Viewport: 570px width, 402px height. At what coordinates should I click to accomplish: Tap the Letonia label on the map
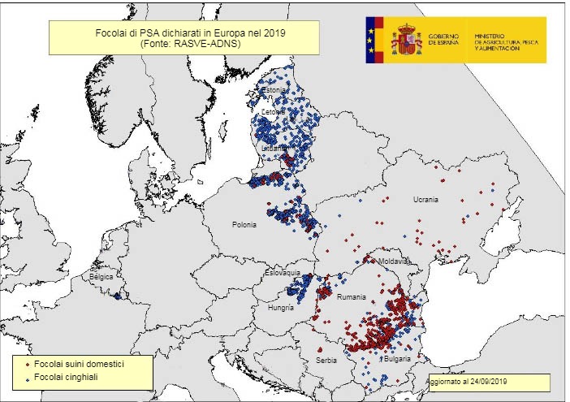(274, 111)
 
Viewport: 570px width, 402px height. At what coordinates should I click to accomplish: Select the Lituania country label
(274, 149)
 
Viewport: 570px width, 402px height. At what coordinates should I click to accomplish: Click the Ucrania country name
(425, 199)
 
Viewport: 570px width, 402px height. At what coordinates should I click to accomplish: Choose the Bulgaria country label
(395, 358)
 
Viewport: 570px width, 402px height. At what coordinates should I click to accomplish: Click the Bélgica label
(101, 277)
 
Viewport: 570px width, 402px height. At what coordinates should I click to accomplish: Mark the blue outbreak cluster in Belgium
(118, 296)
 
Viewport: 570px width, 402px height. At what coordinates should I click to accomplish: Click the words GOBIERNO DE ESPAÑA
(443, 40)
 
